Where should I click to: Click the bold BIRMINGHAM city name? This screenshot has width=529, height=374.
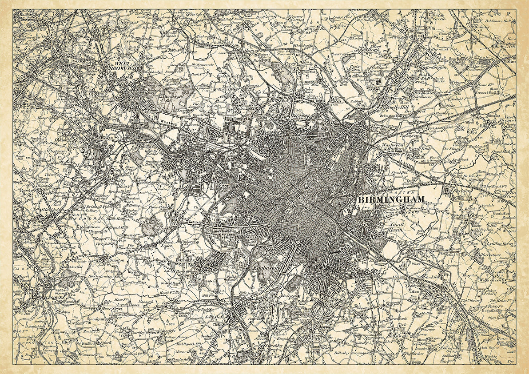click(x=391, y=199)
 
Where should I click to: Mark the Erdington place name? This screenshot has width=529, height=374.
click(x=436, y=67)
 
